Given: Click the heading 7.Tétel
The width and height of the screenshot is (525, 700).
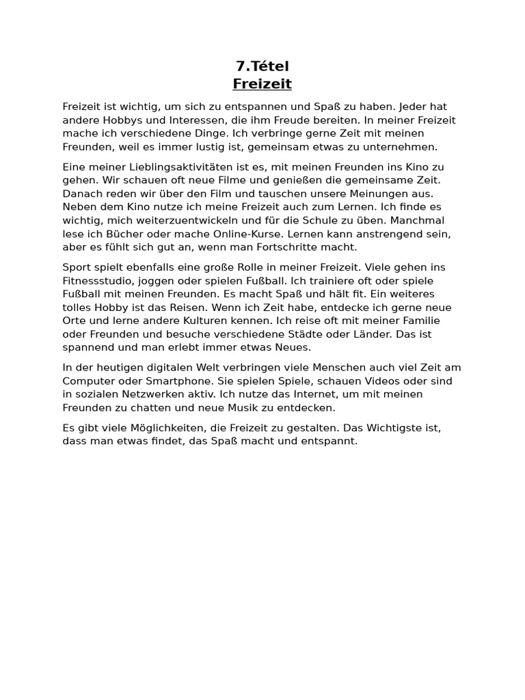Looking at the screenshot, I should click(x=262, y=66).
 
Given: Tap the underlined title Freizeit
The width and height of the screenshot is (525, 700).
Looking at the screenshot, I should click(x=262, y=84).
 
